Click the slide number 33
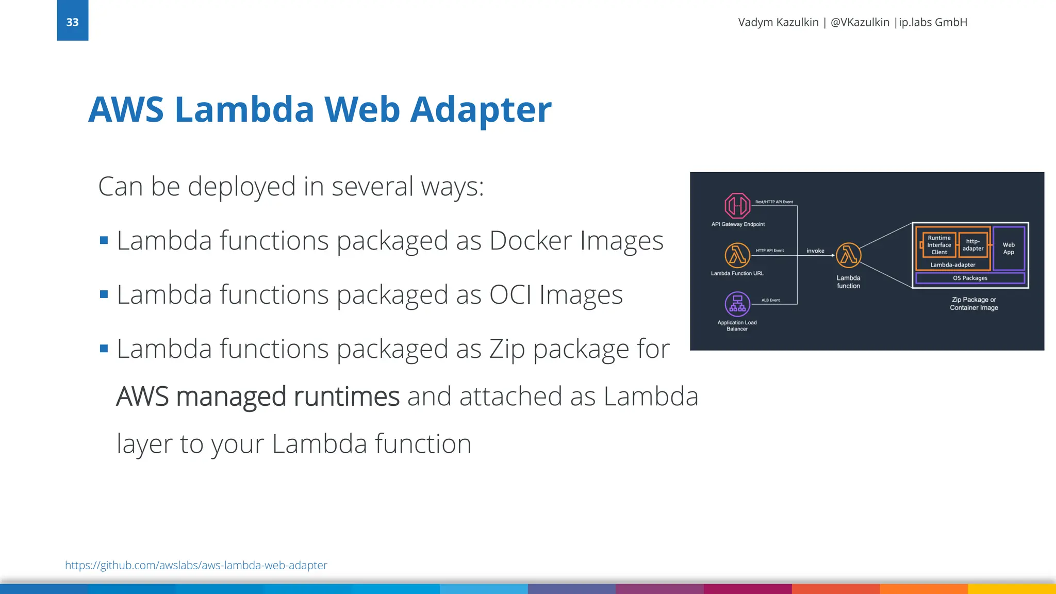[72, 22]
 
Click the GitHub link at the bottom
[196, 565]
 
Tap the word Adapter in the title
[481, 110]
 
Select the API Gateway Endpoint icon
[737, 206]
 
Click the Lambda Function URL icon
[737, 255]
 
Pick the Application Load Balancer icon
[737, 304]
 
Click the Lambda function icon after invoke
[848, 255]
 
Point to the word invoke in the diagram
[815, 251]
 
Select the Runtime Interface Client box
[938, 245]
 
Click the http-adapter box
[973, 245]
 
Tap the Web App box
[1009, 249]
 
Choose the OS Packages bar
[970, 278]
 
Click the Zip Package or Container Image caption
[974, 304]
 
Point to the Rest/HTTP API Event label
[774, 202]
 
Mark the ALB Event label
[770, 300]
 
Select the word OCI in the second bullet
[510, 295]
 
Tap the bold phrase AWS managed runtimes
[258, 397]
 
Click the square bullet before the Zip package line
[104, 349]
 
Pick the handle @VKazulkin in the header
[860, 22]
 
